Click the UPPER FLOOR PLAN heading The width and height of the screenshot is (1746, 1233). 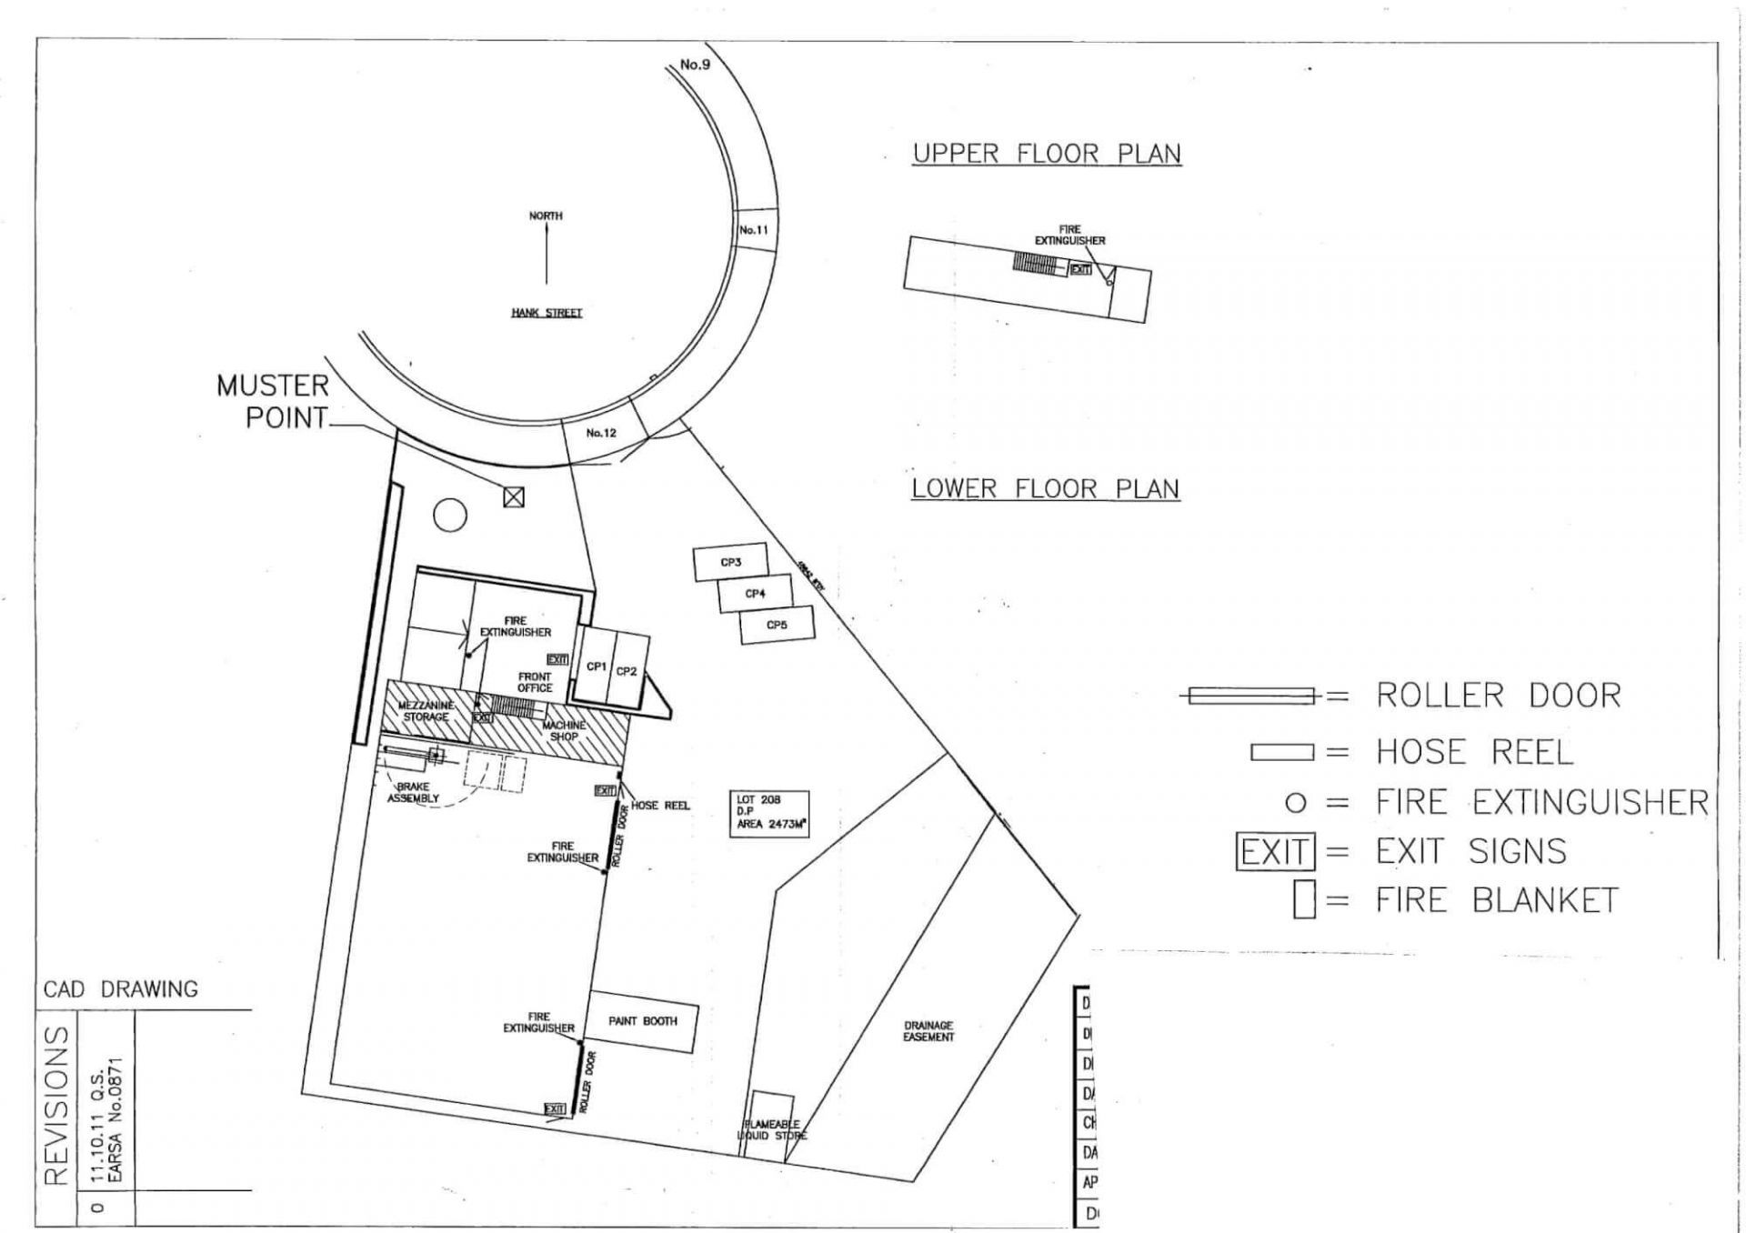click(x=1047, y=154)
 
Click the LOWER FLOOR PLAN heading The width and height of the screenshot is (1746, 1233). click(x=1046, y=489)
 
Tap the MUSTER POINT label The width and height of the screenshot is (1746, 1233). click(x=273, y=402)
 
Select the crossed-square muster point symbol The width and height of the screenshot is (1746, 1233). click(x=514, y=496)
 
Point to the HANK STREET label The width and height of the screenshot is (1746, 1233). click(x=547, y=313)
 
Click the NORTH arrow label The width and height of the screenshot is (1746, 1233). click(x=546, y=216)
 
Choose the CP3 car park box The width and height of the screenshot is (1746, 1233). click(x=731, y=563)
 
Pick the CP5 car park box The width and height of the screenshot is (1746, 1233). click(x=777, y=626)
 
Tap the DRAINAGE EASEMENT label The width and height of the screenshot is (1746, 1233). click(x=928, y=1031)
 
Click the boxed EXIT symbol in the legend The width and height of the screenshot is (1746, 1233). click(x=1276, y=852)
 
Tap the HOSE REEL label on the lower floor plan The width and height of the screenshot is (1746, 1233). click(x=660, y=806)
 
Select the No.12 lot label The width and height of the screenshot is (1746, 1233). click(x=601, y=433)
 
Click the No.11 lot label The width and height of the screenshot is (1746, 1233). click(x=754, y=230)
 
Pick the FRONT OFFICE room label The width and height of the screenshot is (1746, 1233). click(x=535, y=683)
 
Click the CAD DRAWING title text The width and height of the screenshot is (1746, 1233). click(x=121, y=989)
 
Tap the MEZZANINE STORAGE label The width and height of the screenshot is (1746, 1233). click(x=426, y=711)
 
